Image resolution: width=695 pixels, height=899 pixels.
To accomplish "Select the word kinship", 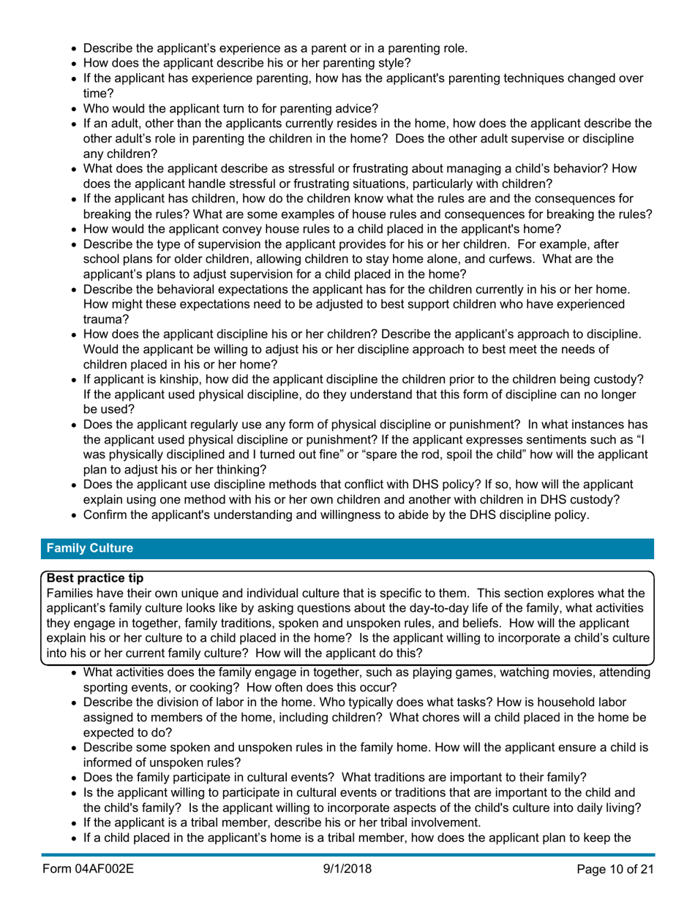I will click(x=173, y=396).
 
